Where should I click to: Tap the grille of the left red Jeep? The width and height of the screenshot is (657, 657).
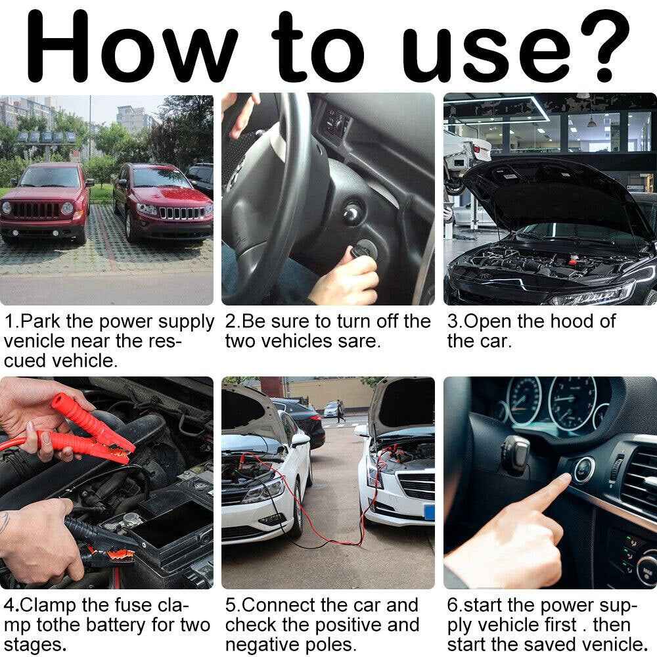coord(35,210)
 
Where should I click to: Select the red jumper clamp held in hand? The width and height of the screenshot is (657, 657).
coord(91,432)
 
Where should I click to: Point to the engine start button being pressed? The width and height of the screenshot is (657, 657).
coord(583,469)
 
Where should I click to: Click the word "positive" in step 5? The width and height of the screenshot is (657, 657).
coord(348,625)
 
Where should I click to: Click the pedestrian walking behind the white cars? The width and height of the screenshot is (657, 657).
coord(340,411)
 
